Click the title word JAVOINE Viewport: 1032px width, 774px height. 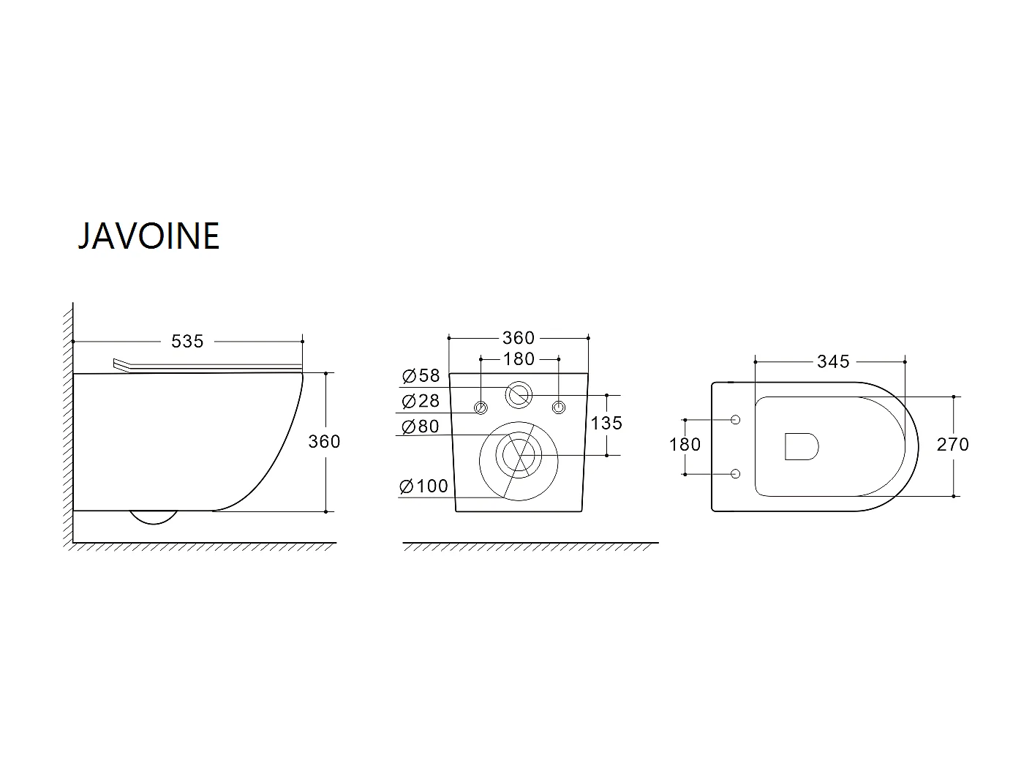[148, 236]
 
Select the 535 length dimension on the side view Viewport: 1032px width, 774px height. [187, 341]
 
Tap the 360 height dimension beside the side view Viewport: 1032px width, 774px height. [324, 441]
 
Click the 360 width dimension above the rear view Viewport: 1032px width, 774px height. [518, 338]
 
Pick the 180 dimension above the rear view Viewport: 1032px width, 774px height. [519, 359]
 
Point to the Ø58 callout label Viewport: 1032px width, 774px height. [421, 377]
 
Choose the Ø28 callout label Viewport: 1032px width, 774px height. [421, 401]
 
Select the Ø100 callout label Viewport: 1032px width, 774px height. [424, 486]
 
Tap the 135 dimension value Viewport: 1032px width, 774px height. [606, 423]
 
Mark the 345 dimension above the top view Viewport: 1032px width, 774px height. [833, 361]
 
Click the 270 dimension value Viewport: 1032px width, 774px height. [953, 444]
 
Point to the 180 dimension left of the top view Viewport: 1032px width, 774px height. [685, 444]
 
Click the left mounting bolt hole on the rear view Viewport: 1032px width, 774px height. [481, 407]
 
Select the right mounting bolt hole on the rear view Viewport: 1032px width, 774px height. [559, 407]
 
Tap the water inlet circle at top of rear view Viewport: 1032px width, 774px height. [519, 395]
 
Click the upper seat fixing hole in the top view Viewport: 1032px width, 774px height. [735, 420]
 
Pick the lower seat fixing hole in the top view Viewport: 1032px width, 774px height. [735, 473]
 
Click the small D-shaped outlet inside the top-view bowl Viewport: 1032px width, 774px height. [801, 446]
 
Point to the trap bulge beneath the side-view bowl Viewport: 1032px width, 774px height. [154, 517]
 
